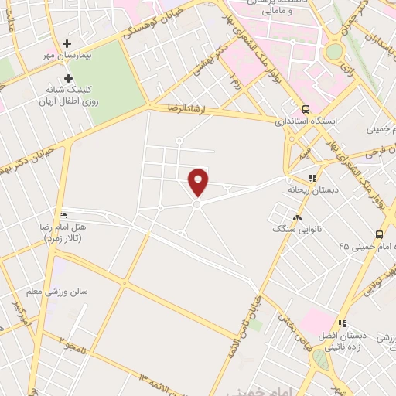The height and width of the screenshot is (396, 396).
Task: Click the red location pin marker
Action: (x=199, y=181)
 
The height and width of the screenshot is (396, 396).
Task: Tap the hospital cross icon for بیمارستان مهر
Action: (x=68, y=44)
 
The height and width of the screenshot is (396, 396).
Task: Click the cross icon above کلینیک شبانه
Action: (x=69, y=78)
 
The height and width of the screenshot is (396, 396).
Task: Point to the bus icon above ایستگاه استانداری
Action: (x=306, y=109)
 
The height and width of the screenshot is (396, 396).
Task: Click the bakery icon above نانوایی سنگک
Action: (x=298, y=217)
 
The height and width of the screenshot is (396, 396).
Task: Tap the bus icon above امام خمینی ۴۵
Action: (x=379, y=234)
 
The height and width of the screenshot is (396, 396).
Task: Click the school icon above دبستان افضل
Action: (x=341, y=323)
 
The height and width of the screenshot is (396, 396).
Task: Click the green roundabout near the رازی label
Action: (x=334, y=51)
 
